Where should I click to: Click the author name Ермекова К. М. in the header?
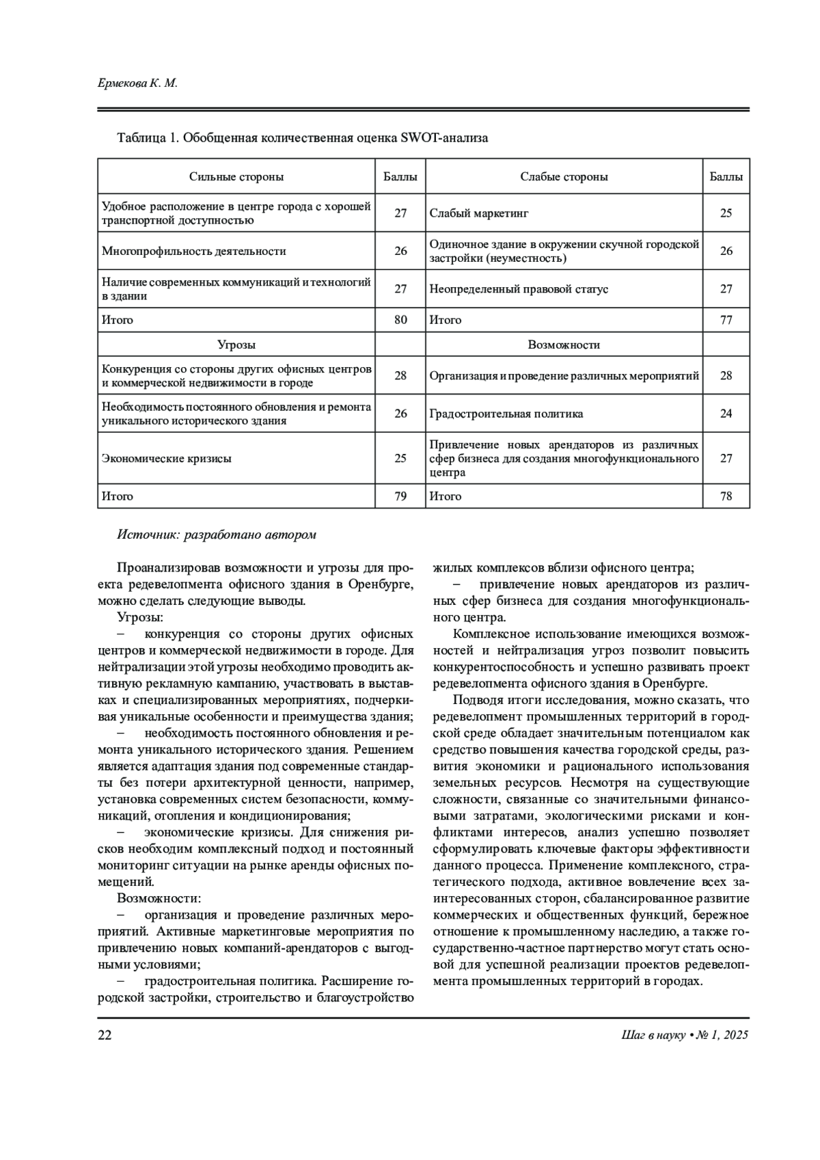point(137,83)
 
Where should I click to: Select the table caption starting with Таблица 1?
point(303,138)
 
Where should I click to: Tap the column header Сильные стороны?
point(236,176)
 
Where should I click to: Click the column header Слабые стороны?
point(564,176)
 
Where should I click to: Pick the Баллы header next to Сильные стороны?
point(400,176)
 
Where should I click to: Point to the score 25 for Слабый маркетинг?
point(726,213)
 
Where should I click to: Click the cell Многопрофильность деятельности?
point(194,251)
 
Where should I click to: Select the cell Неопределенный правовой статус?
point(519,289)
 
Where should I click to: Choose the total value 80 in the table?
point(400,320)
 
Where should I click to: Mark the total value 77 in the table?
point(726,320)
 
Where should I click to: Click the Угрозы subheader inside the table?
point(236,345)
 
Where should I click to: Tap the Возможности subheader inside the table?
point(564,345)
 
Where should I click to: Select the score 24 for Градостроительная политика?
point(726,414)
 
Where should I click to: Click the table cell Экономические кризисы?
point(167,458)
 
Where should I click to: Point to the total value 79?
point(400,496)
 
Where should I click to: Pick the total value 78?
point(726,496)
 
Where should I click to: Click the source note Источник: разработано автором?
point(217,535)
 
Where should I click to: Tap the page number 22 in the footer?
point(105,1035)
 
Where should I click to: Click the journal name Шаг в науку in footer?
point(648,1035)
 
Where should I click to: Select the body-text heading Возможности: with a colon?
point(159,898)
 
